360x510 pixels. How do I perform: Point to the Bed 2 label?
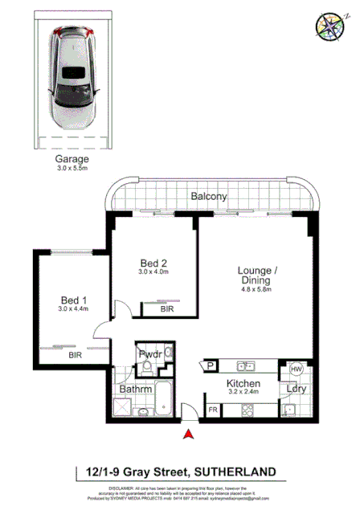[153, 263]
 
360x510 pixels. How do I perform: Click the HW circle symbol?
[295, 369]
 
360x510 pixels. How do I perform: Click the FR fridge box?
[213, 410]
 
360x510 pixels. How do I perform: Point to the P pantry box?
[210, 365]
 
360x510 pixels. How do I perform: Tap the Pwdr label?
[149, 353]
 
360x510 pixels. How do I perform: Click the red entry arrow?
[189, 435]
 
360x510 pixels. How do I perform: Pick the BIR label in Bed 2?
[166, 308]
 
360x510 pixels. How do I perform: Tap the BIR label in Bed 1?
[75, 354]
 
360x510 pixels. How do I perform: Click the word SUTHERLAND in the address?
[232, 471]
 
